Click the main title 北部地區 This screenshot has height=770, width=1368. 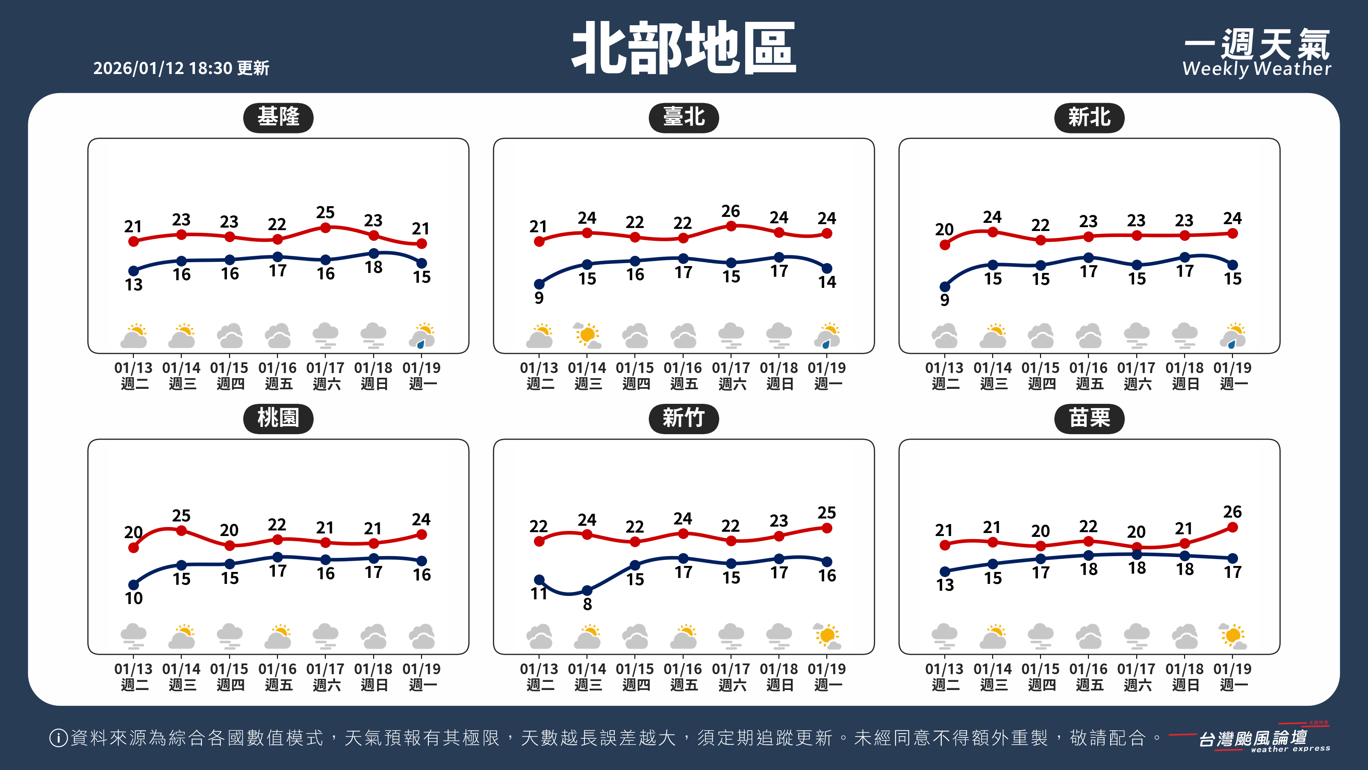[x=684, y=48]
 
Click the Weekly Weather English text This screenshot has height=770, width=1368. [x=1256, y=69]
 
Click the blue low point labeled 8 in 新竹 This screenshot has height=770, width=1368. [x=587, y=590]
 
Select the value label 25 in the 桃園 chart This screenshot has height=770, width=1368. [x=181, y=515]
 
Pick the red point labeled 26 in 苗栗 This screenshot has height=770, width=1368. [x=1232, y=527]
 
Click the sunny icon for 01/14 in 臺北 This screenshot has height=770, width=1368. [x=587, y=335]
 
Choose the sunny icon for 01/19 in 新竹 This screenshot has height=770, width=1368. [x=827, y=636]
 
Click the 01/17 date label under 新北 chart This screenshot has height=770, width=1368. [x=1136, y=368]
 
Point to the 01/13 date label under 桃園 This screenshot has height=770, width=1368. [x=133, y=669]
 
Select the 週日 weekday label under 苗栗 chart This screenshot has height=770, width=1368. [x=1185, y=685]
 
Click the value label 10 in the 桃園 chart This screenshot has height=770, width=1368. [x=134, y=598]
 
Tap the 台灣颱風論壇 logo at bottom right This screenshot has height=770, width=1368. [x=1253, y=739]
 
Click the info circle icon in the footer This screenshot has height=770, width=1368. [x=58, y=737]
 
